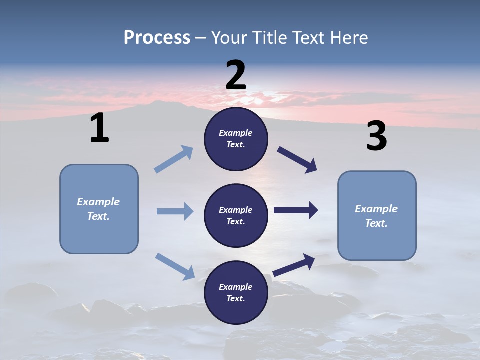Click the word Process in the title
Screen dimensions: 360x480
click(157, 38)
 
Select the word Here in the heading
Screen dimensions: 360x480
click(348, 38)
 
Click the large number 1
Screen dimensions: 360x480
click(99, 128)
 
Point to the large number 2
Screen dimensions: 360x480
click(236, 75)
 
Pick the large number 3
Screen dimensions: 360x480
click(376, 137)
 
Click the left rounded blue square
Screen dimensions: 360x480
click(99, 209)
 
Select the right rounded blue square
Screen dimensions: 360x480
click(377, 216)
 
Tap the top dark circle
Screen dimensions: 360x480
click(236, 139)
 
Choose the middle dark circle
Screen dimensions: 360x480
click(236, 216)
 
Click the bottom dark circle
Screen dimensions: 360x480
click(236, 293)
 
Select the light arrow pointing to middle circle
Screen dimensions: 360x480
click(175, 211)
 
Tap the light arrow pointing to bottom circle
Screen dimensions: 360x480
click(175, 266)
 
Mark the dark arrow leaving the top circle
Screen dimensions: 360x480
click(297, 160)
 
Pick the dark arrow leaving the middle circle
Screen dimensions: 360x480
click(296, 210)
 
